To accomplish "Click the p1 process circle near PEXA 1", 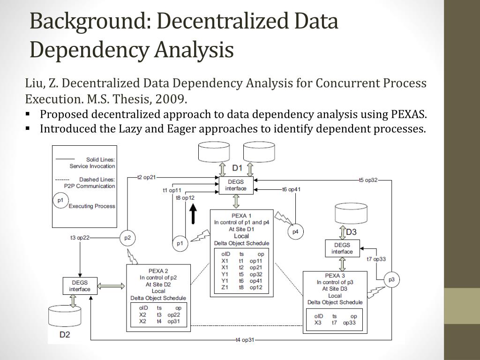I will pos(180,243).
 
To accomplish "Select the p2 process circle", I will pos(127,238).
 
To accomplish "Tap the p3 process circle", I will pos(391,280).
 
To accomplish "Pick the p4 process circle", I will pos(295,232).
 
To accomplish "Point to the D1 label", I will pos(237,168).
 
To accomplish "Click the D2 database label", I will pos(65,335).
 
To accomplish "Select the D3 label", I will pos(351,232).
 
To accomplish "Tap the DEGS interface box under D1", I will pos(236,185).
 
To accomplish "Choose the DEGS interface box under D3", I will pos(342,248).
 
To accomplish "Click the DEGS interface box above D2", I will pos(80,286).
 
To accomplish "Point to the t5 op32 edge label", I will pos(368,180).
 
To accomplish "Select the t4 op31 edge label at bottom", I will pos(245,340).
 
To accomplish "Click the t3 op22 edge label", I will pos(80,238).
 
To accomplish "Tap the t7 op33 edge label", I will pos(376,259).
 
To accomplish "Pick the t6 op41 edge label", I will pos(291,189).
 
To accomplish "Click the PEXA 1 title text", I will pos(241,216).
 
